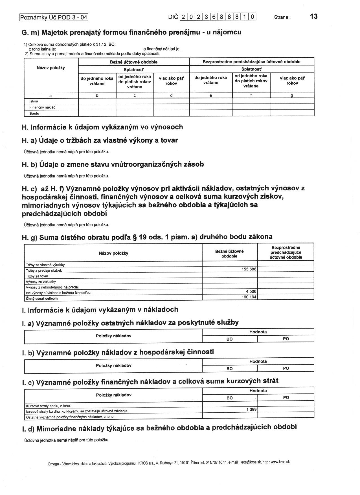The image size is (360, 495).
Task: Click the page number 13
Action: pyautogui.click(x=313, y=16)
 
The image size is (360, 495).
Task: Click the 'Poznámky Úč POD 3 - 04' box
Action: pyautogui.click(x=54, y=17)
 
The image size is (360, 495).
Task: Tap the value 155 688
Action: pyautogui.click(x=249, y=269)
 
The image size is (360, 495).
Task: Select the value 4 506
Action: pyautogui.click(x=251, y=291)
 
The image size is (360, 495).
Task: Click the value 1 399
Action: pyautogui.click(x=251, y=409)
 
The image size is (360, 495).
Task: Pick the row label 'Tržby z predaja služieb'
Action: pyautogui.click(x=44, y=270)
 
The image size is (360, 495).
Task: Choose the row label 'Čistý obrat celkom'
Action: pyautogui.click(x=42, y=298)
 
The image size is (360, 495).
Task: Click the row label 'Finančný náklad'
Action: pyautogui.click(x=42, y=107)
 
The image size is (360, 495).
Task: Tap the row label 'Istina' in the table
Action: pyautogui.click(x=34, y=101)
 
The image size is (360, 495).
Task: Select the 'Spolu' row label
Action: pyautogui.click(x=34, y=113)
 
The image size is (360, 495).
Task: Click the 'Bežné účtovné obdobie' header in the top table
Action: pyautogui.click(x=134, y=62)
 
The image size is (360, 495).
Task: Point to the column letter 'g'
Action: pyautogui.click(x=292, y=95)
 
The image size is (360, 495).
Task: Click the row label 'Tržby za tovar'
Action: pyautogui.click(x=37, y=276)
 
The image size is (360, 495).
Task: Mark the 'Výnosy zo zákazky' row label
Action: pyautogui.click(x=41, y=281)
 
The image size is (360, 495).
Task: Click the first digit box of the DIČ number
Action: pyautogui.click(x=183, y=17)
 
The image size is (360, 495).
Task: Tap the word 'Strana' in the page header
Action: pyautogui.click(x=281, y=17)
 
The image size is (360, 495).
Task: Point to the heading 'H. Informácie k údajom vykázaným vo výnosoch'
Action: pyautogui.click(x=102, y=127)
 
